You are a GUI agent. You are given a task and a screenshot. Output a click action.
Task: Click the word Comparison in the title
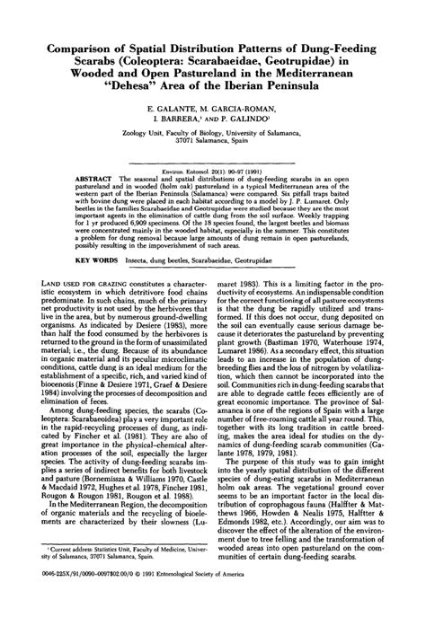[75, 44]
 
